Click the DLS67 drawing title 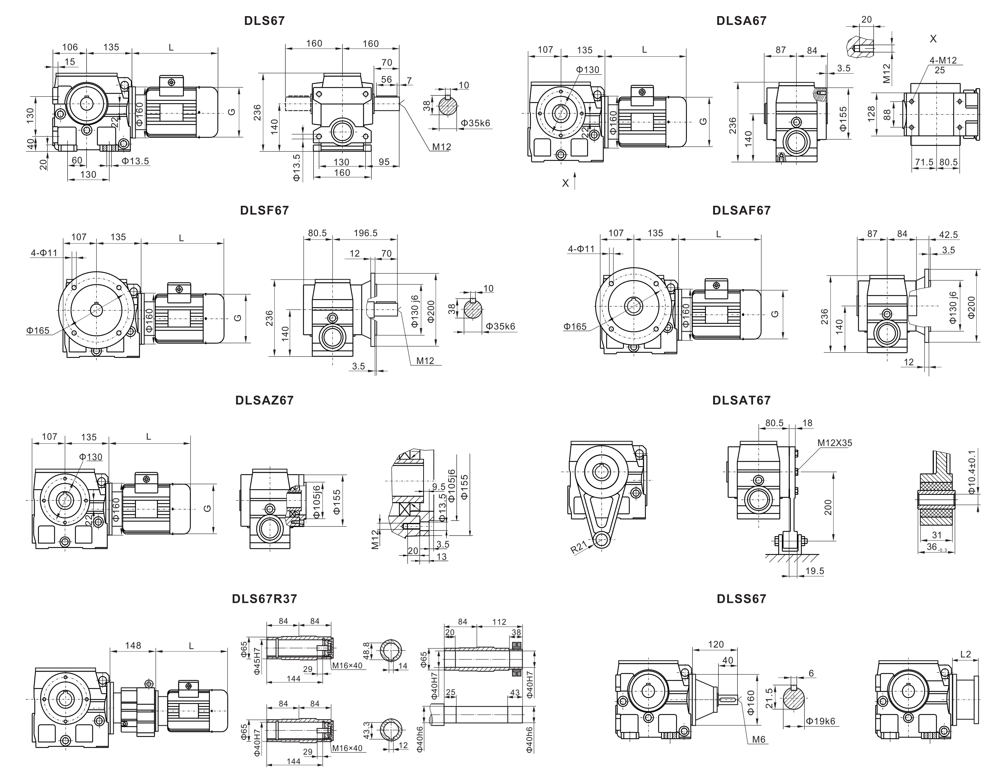[x=264, y=21]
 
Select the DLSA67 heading [x=741, y=21]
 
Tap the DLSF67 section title [x=264, y=211]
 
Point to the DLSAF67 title [x=741, y=211]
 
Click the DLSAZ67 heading [x=264, y=401]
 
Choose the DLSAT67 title [x=741, y=401]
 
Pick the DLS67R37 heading [x=264, y=599]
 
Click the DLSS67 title [x=741, y=599]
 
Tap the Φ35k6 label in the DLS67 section [x=476, y=123]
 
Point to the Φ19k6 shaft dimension [x=820, y=721]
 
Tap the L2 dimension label [x=965, y=654]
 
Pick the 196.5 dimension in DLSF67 [x=365, y=233]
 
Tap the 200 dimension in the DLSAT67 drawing [x=828, y=507]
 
